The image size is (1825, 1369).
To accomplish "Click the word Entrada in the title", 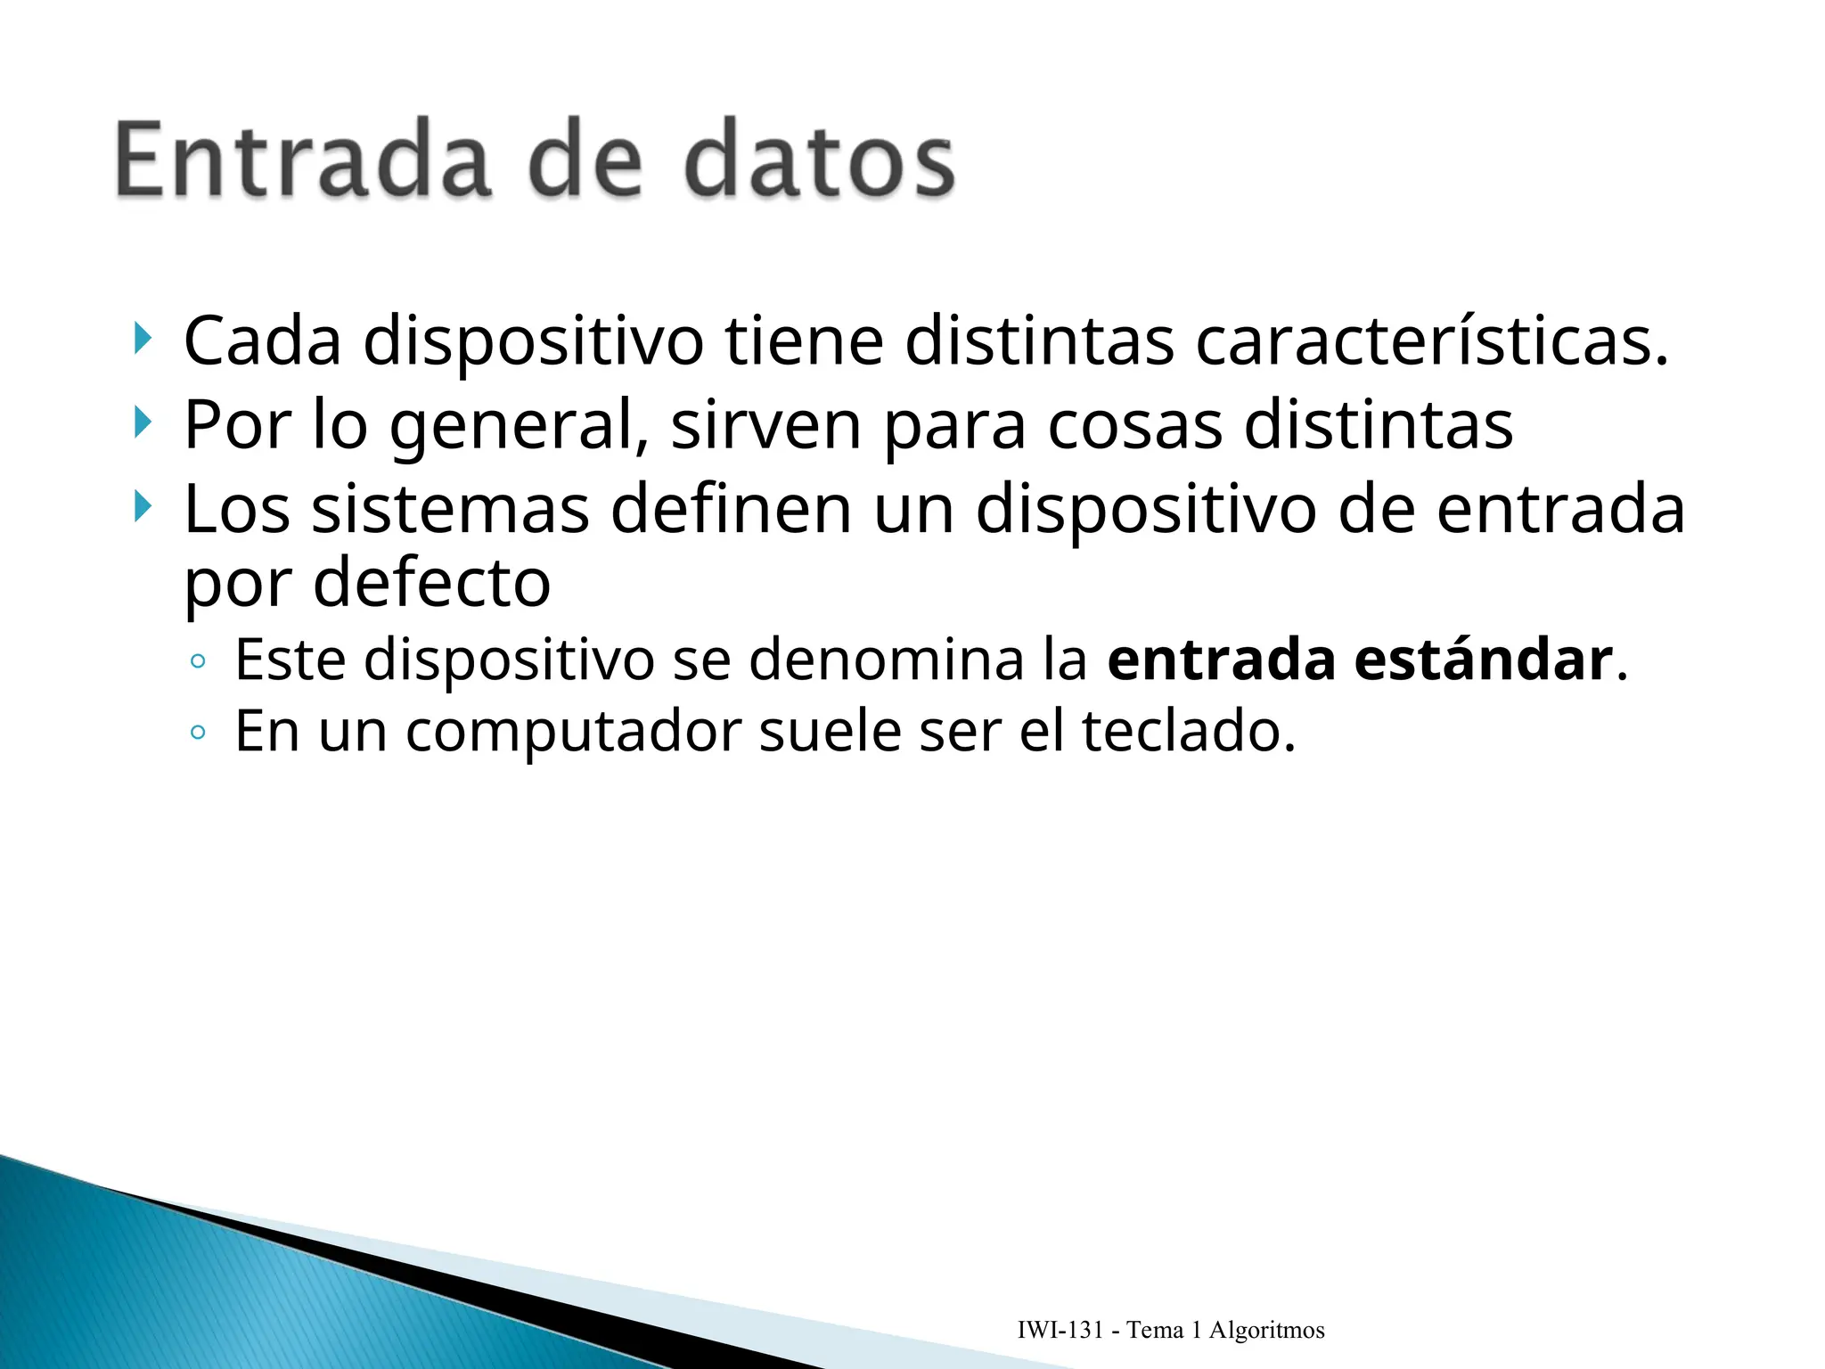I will pyautogui.click(x=303, y=160).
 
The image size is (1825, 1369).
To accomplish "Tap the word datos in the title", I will pyautogui.click(x=820, y=160).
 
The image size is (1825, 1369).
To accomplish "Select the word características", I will pyautogui.click(x=1431, y=341).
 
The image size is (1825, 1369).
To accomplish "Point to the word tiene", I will pyautogui.click(x=805, y=341).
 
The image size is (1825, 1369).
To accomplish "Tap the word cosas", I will pyautogui.click(x=1134, y=426).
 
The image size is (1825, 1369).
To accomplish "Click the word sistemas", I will pyautogui.click(x=451, y=510).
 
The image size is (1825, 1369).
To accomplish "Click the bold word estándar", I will pyautogui.click(x=1484, y=660).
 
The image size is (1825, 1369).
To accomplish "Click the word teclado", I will pyautogui.click(x=1189, y=732).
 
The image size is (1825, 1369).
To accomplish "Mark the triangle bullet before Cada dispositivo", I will pyautogui.click(x=142, y=339).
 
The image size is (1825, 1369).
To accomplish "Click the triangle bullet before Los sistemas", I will pyautogui.click(x=142, y=507).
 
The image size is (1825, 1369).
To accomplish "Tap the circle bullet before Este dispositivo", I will pyautogui.click(x=198, y=661).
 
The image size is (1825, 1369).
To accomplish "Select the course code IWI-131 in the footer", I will pyautogui.click(x=1060, y=1331).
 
